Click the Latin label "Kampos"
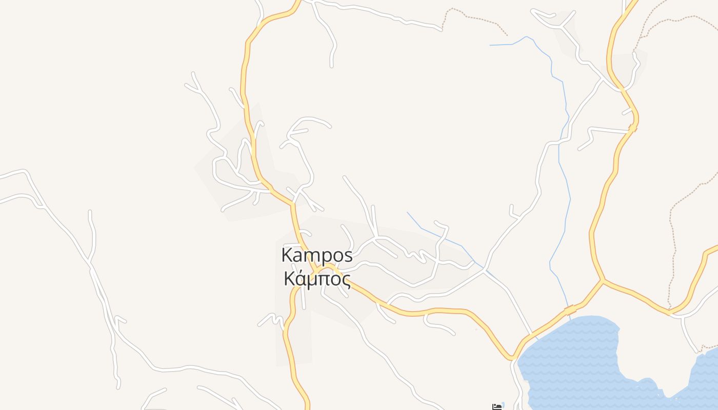[x=317, y=255]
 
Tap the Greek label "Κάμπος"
[x=317, y=279]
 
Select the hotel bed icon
[x=497, y=406]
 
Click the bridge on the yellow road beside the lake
[x=570, y=310]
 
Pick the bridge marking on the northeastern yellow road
[x=632, y=128]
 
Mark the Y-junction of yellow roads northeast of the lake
[x=603, y=280]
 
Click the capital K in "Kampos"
[x=287, y=254]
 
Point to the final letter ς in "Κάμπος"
[x=347, y=281]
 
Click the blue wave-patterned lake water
[x=574, y=359]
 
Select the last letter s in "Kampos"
[x=348, y=255]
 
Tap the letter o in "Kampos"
[x=337, y=255]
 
